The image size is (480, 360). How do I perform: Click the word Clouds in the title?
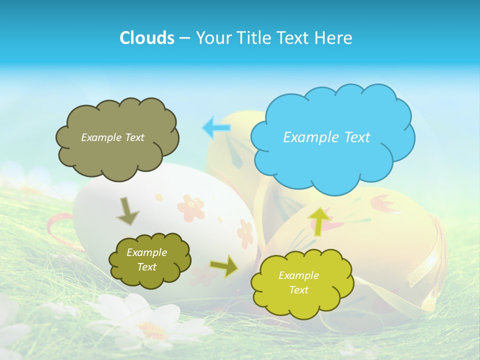[147, 38]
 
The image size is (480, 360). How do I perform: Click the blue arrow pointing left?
[216, 127]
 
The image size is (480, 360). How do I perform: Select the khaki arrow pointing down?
[127, 211]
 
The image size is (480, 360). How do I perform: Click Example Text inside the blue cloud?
[326, 137]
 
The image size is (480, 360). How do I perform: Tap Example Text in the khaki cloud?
[112, 137]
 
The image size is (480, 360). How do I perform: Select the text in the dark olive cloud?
[146, 259]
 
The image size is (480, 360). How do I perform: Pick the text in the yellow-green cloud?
[298, 282]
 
